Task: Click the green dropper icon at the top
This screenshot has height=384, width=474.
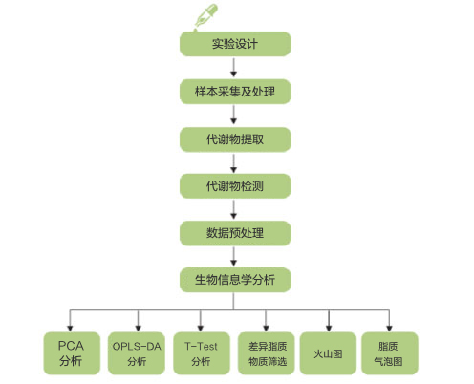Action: (x=205, y=16)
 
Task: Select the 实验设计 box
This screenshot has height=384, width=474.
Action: (x=235, y=44)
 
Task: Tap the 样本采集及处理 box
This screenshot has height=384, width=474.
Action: (x=235, y=92)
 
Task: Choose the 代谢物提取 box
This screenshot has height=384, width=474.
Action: (x=235, y=139)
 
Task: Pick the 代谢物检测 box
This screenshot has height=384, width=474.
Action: (x=235, y=186)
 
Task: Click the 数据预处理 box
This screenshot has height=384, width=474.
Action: (x=235, y=233)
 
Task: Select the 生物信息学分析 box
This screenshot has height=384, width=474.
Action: (x=235, y=280)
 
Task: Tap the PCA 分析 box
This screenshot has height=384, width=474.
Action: (x=72, y=353)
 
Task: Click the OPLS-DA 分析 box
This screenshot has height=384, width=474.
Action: (x=137, y=353)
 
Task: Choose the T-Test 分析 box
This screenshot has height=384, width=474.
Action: (x=202, y=353)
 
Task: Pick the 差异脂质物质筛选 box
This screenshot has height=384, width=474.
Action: (x=266, y=353)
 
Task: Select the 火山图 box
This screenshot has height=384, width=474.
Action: (x=328, y=353)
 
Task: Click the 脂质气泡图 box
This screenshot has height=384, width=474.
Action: (x=390, y=353)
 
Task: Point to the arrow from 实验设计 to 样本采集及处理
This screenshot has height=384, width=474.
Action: (x=233, y=68)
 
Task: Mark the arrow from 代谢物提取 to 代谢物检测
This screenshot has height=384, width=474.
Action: (x=233, y=163)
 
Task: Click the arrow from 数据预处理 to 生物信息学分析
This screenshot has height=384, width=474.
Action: (x=233, y=256)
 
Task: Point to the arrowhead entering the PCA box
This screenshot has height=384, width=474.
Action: (x=70, y=329)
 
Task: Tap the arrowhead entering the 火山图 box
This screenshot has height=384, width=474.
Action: (x=329, y=329)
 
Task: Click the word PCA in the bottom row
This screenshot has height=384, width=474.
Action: (x=71, y=346)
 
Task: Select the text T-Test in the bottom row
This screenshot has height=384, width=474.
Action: (x=201, y=346)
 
